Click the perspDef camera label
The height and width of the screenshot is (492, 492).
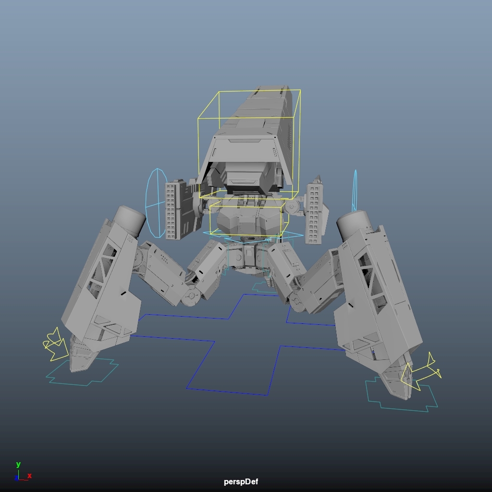(x=241, y=482)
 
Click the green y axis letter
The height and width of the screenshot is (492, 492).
(x=18, y=465)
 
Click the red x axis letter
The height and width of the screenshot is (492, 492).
(x=29, y=476)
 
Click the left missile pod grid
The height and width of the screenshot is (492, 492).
(x=171, y=211)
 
